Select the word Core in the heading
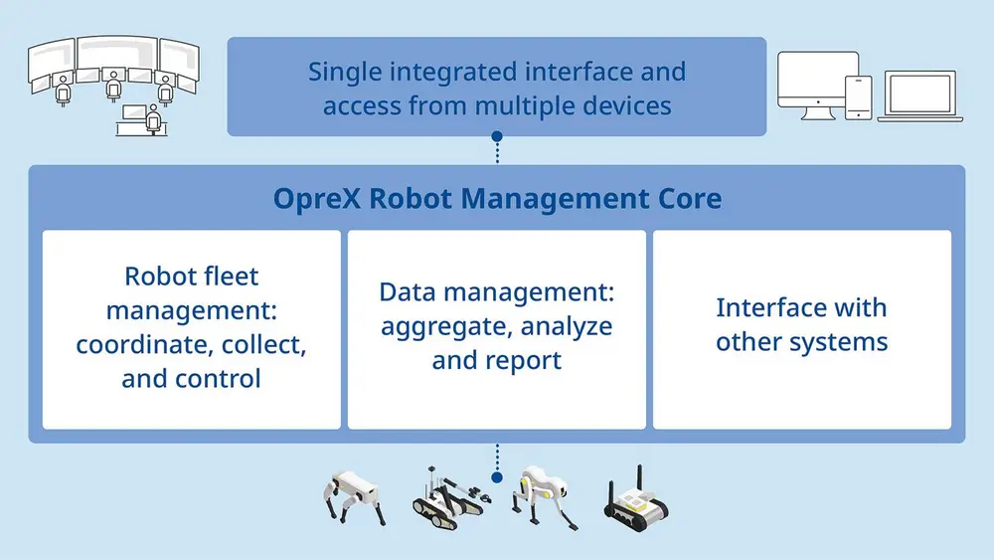coord(689,199)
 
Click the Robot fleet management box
coord(192,329)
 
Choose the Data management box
coord(497,329)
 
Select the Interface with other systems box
coord(802,329)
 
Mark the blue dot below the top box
coord(497,136)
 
